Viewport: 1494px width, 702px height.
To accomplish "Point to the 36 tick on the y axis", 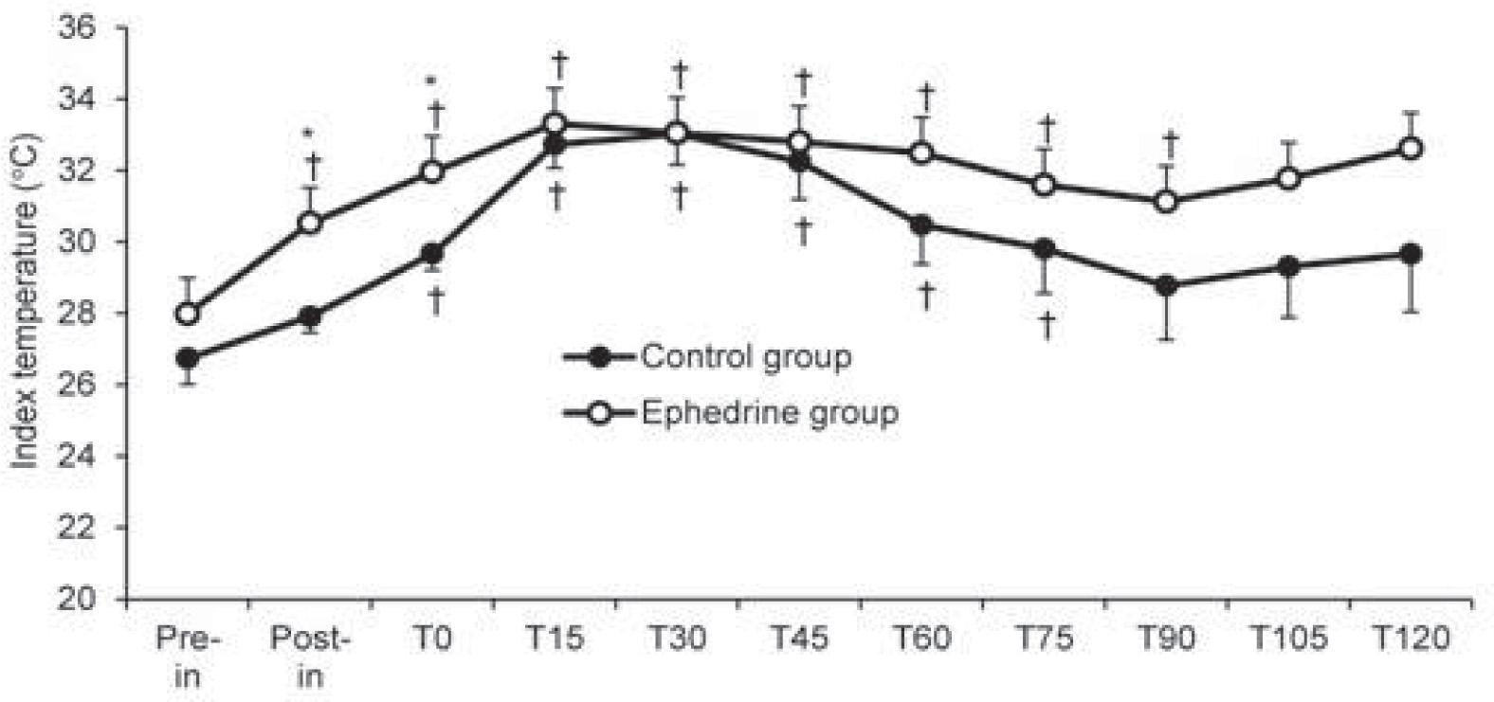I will click(x=77, y=27).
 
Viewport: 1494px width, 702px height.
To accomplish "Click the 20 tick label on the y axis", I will click(x=77, y=599).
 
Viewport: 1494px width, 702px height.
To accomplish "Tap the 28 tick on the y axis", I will click(x=77, y=314).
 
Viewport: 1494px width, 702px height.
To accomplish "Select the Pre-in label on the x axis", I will click(x=188, y=657).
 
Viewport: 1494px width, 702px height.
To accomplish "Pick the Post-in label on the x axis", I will click(x=310, y=657).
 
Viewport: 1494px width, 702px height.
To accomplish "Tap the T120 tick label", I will click(x=1412, y=639).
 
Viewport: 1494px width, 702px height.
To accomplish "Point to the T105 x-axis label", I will click(x=1289, y=639).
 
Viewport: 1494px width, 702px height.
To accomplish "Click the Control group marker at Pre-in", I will click(x=188, y=358).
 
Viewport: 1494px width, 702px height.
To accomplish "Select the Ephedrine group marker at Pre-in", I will click(x=188, y=314).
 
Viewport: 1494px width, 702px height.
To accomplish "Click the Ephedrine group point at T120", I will click(x=1411, y=149).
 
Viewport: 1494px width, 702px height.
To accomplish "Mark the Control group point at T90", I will click(x=1167, y=285).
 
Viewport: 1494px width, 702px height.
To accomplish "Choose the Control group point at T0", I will click(x=432, y=254).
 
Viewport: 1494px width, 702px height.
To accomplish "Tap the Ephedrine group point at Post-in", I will click(x=310, y=224).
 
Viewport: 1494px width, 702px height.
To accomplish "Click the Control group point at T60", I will click(x=922, y=225).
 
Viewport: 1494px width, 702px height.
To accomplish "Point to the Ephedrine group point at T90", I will click(x=1167, y=202).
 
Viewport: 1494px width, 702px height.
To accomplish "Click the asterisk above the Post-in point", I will click(x=308, y=134).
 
